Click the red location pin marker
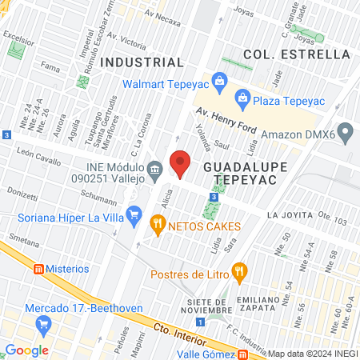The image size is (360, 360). coord(180,163)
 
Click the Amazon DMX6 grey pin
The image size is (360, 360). coord(346,130)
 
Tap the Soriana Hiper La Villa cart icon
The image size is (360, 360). coord(135,213)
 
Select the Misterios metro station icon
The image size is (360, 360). coord(37,269)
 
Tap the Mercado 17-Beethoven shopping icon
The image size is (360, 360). coord(45,324)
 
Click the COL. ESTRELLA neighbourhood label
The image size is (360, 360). coord(297,54)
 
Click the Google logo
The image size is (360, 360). coord(26,350)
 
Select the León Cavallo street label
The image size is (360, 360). coord(37,160)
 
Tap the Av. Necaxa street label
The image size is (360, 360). coord(164,14)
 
